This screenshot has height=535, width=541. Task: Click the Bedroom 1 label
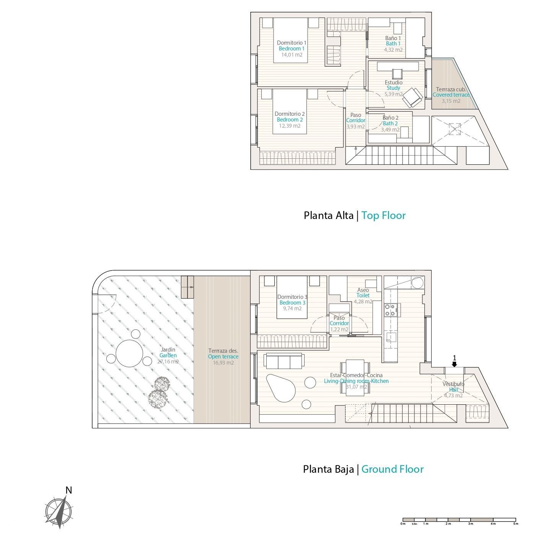[292, 49]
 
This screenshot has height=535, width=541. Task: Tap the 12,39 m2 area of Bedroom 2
[290, 126]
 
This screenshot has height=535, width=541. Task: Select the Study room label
[393, 88]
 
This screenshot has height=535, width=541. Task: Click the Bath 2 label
[390, 123]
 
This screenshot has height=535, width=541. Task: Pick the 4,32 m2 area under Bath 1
[393, 50]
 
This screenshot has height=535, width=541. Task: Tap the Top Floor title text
[383, 216]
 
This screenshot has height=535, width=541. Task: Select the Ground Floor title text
[392, 469]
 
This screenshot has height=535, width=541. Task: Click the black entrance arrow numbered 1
[454, 364]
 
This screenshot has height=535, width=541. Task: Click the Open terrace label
[223, 357]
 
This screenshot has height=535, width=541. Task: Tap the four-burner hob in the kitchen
[390, 310]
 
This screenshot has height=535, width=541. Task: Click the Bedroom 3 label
[292, 303]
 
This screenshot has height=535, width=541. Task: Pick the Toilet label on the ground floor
[363, 295]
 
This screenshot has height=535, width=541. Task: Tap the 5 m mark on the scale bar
[515, 524]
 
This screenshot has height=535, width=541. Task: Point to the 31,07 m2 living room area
[356, 387]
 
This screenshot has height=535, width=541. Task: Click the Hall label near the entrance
[453, 390]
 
